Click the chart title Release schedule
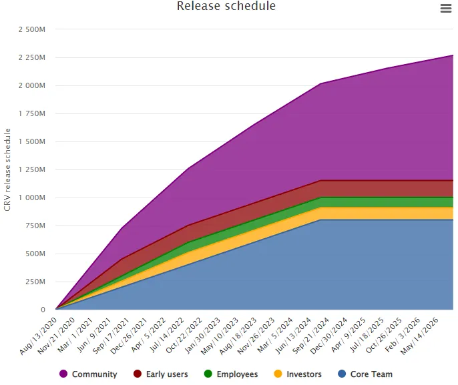[226, 6]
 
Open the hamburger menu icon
[446, 8]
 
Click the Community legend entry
[94, 374]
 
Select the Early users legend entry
[166, 374]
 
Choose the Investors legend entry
[304, 374]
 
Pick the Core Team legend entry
[371, 374]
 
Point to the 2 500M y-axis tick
[32, 29]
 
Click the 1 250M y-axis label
[32, 169]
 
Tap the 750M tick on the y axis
[36, 226]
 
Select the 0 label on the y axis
[43, 310]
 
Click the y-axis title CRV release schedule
[7, 169]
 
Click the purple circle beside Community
[63, 374]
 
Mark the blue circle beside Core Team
[342, 374]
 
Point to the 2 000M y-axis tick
[32, 85]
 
